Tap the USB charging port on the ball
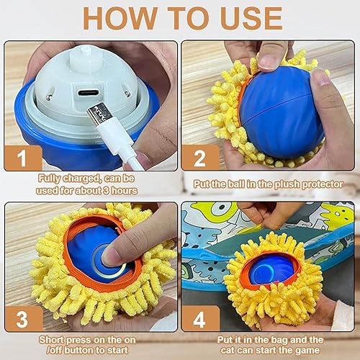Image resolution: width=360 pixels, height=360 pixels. point(89,93)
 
